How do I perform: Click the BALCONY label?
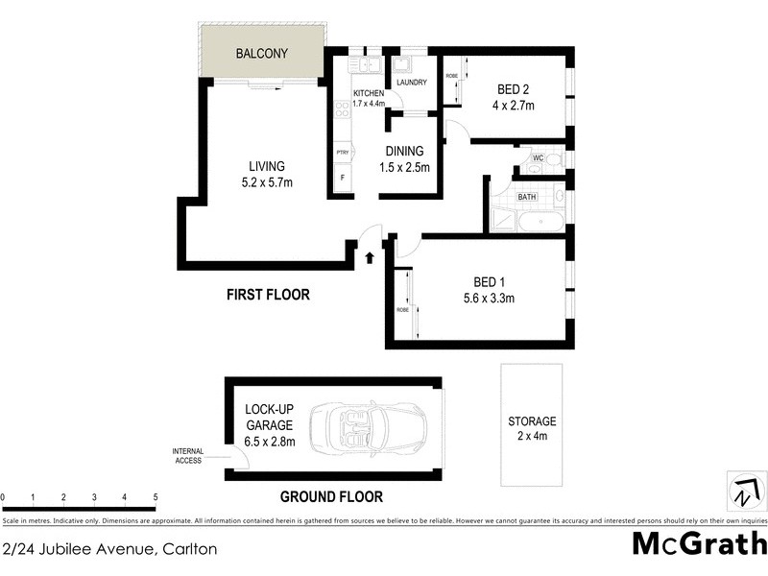(262, 54)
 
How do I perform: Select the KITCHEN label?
(368, 92)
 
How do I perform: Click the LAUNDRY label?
(411, 83)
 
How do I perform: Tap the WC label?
(539, 157)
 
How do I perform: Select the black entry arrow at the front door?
(372, 256)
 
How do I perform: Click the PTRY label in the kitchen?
(342, 153)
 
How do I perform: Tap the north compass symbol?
(744, 491)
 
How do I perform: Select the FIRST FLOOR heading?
(268, 295)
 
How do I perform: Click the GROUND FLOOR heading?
(331, 496)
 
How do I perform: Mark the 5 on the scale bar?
(156, 497)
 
